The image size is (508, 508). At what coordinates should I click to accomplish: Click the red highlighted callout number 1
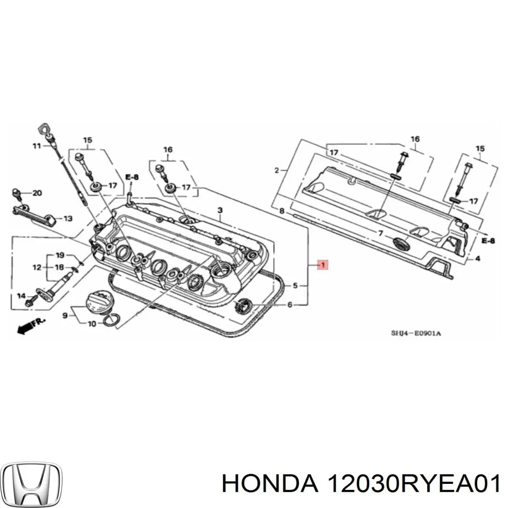click(x=323, y=265)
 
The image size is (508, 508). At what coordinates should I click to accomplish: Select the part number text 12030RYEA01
click(x=414, y=483)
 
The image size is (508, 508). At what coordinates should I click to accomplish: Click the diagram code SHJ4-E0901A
click(x=415, y=333)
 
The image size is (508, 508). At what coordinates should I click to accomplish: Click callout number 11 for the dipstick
click(x=37, y=146)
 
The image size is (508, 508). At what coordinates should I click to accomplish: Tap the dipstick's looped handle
click(x=44, y=128)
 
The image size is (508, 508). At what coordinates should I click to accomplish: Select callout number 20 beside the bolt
click(x=37, y=193)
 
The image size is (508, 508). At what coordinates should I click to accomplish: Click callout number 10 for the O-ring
click(x=92, y=324)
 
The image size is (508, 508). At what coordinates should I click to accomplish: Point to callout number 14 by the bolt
click(x=21, y=296)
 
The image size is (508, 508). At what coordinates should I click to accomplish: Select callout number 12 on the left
click(x=37, y=267)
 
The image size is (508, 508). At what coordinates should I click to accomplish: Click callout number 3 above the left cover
click(x=220, y=210)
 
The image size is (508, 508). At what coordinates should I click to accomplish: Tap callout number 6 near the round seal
click(x=290, y=304)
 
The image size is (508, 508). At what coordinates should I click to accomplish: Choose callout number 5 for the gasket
click(x=295, y=286)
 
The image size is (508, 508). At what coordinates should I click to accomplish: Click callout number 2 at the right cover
click(x=277, y=171)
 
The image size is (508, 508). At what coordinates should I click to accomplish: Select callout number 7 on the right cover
click(x=381, y=233)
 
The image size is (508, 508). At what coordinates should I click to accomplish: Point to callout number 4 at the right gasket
click(x=477, y=259)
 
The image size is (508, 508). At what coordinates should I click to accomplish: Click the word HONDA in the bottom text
click(x=270, y=483)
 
